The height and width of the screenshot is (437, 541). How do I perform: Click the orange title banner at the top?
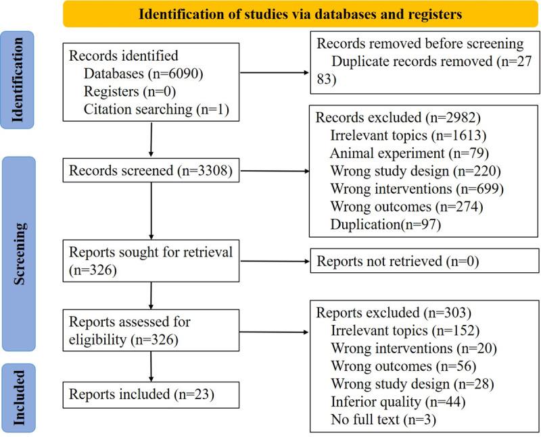coord(301,14)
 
